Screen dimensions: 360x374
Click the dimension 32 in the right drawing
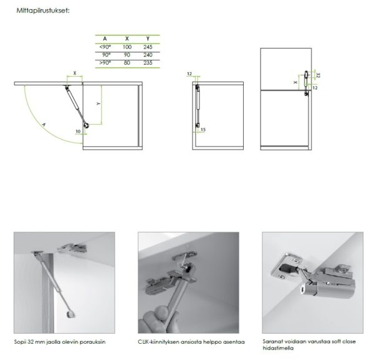(317, 75)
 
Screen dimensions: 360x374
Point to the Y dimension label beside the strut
(98, 103)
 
